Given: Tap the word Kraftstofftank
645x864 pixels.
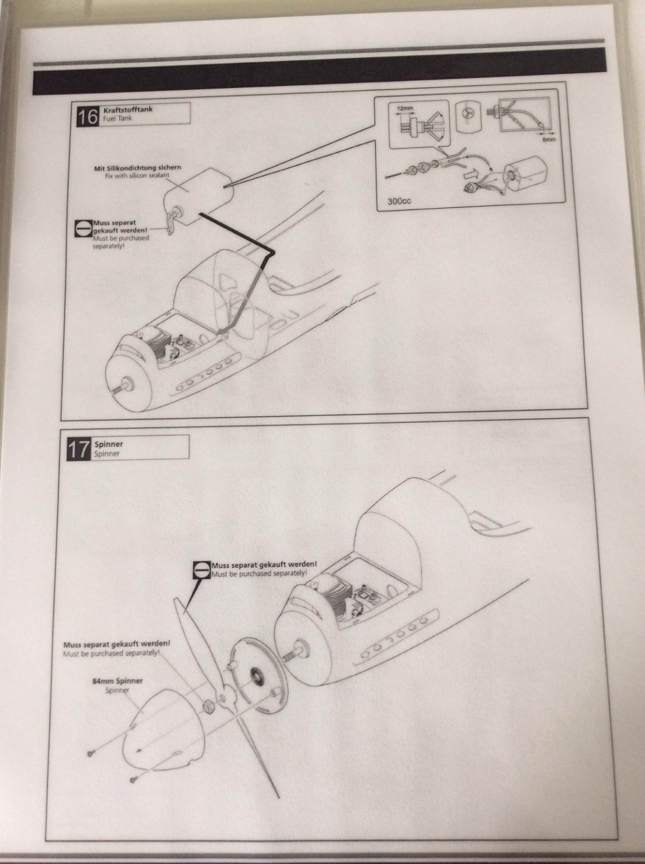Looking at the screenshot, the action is [128, 110].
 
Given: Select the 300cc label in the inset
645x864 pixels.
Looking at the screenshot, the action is [399, 201].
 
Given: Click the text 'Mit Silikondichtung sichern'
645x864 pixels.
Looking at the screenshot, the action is [137, 168].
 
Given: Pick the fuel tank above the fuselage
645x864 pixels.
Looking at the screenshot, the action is [198, 195].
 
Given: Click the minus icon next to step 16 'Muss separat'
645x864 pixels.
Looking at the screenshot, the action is [83, 228].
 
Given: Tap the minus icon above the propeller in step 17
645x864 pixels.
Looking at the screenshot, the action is [202, 570].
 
